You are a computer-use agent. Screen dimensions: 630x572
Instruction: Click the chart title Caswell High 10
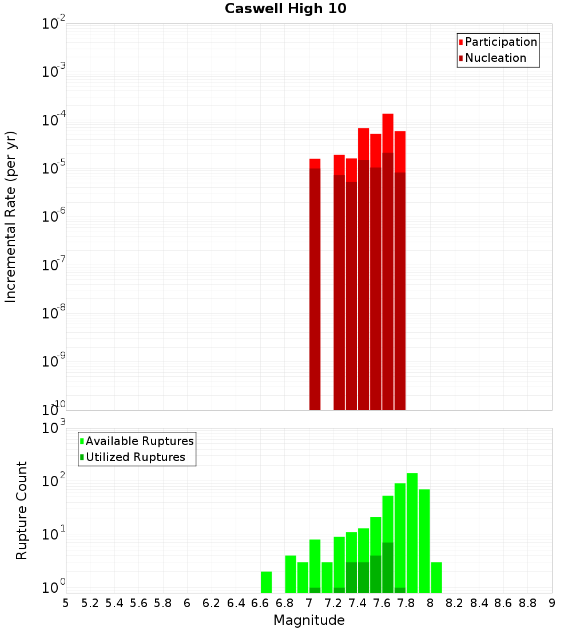click(285, 9)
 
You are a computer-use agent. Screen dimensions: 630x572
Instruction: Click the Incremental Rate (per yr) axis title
click(11, 216)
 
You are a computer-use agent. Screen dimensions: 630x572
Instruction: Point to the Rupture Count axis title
click(22, 510)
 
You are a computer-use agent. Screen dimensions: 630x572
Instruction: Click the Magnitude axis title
click(309, 620)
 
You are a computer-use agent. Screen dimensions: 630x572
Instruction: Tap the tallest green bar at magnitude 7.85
click(412, 533)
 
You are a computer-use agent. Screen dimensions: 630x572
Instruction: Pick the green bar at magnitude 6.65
click(266, 582)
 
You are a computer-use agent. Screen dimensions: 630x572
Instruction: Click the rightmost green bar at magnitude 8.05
click(436, 577)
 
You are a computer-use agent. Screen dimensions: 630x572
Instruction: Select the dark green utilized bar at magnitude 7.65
click(388, 567)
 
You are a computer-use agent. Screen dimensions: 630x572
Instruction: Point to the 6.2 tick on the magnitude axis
click(212, 603)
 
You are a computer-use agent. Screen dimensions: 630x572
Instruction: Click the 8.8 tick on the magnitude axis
click(527, 603)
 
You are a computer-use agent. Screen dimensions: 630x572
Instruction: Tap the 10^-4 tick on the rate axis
click(53, 120)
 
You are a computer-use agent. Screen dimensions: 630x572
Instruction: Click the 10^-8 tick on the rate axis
click(53, 313)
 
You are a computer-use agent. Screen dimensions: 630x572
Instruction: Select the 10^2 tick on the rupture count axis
click(53, 481)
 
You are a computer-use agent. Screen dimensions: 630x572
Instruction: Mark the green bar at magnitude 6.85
click(291, 574)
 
